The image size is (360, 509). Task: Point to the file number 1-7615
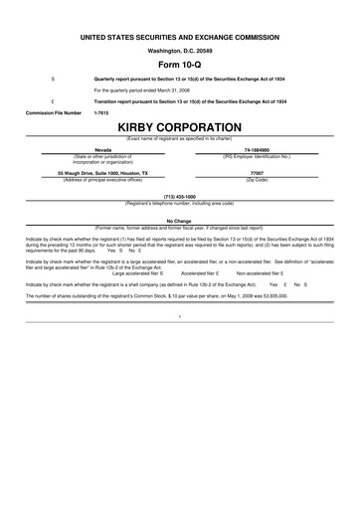(100, 113)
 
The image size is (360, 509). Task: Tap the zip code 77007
(257, 173)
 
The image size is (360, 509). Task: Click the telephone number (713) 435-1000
(179, 197)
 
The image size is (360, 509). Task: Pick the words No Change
(179, 221)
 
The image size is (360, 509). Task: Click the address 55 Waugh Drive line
(103, 173)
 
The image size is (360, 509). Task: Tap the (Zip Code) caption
(257, 179)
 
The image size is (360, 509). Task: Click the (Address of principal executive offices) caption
(103, 179)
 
